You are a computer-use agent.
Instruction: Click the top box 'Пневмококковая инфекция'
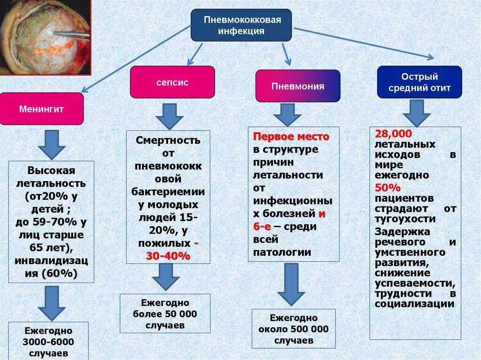[x=241, y=25]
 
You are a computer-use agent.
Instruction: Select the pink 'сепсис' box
[x=172, y=82]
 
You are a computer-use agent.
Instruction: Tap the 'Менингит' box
[x=41, y=109]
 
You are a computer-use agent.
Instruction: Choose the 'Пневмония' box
[x=297, y=86]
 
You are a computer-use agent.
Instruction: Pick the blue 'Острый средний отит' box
[x=419, y=82]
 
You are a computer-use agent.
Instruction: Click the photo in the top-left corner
[x=46, y=37]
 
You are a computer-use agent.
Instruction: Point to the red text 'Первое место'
[x=291, y=137]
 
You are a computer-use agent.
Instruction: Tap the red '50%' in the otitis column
[x=388, y=188]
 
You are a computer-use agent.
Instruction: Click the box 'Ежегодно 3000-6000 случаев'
[x=48, y=341]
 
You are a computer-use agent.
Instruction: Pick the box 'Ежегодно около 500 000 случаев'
[x=294, y=329]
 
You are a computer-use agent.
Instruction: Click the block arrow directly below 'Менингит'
[x=52, y=144]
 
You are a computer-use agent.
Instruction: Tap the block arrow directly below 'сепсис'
[x=170, y=116]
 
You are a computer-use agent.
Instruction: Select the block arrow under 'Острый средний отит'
[x=416, y=113]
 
